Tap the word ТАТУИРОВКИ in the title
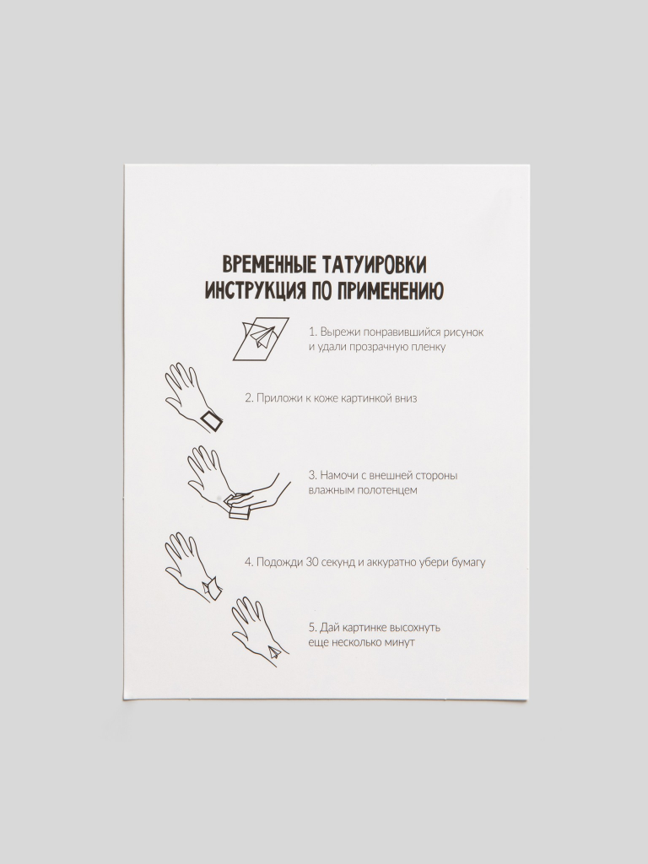click(372, 264)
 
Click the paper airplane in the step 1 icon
click(261, 336)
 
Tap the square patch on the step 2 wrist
click(211, 423)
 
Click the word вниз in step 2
click(405, 398)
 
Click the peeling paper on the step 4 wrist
click(212, 587)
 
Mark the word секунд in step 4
click(335, 563)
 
